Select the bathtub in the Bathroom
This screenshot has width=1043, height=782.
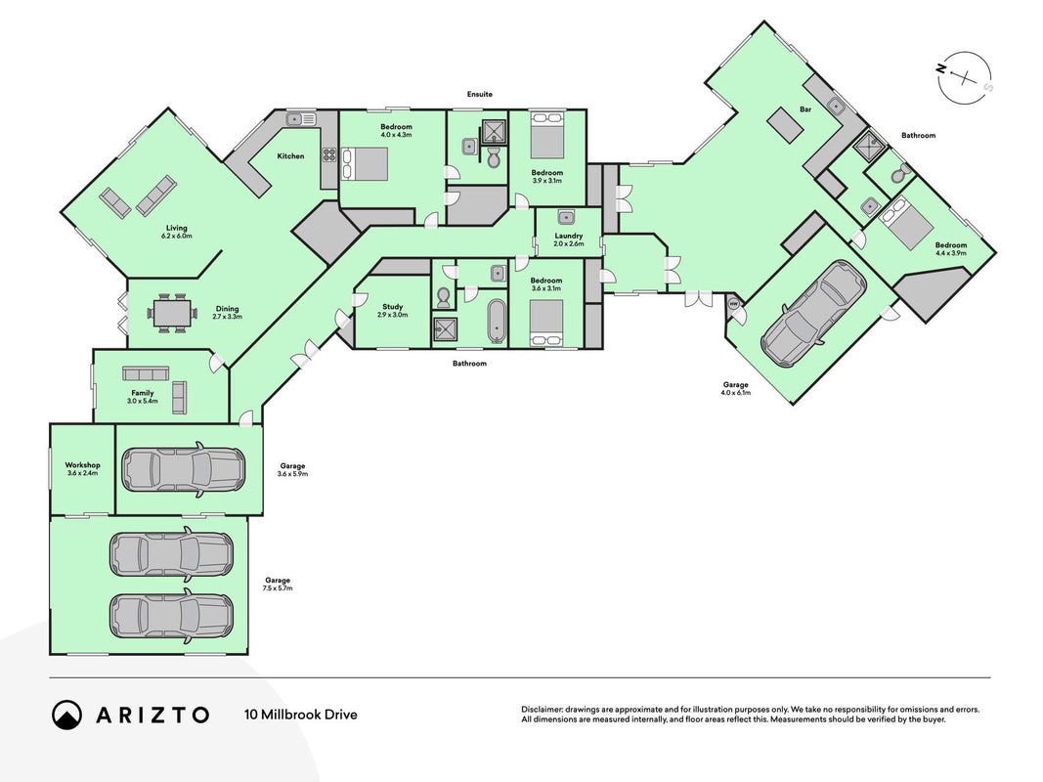(496, 322)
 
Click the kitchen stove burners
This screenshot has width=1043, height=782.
(329, 155)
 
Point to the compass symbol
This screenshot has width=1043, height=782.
(963, 78)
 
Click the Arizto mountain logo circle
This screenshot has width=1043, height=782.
(66, 715)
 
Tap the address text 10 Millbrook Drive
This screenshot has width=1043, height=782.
(301, 715)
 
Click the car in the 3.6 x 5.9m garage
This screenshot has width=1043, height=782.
(182, 469)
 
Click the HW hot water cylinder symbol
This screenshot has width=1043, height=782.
(734, 303)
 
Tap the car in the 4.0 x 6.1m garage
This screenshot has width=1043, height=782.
(813, 313)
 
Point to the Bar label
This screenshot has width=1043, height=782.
(805, 109)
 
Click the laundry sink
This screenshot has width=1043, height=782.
(566, 217)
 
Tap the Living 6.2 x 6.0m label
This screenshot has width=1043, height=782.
(177, 232)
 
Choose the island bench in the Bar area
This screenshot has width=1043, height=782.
(786, 125)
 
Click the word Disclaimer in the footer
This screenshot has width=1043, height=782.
(542, 710)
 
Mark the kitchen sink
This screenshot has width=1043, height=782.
(301, 119)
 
